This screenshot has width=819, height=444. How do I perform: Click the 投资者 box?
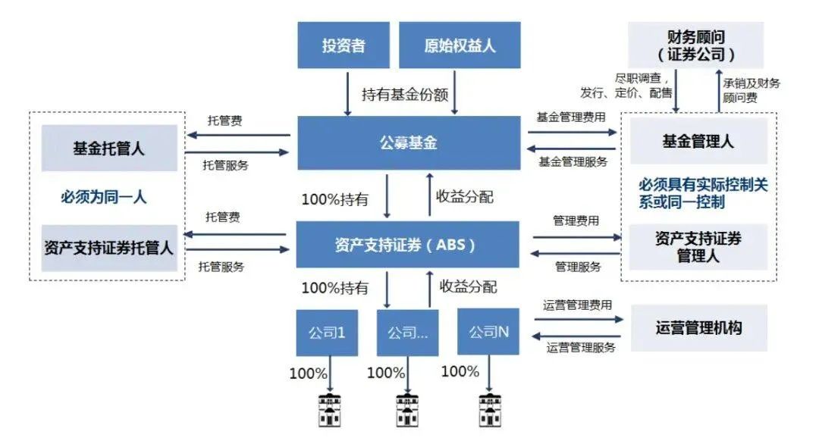343,45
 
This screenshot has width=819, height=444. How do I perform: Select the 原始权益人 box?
460,45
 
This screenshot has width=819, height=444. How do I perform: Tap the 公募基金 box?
408,142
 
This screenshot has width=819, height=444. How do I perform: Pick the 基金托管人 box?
108,148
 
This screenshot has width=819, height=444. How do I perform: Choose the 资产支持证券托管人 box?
108,248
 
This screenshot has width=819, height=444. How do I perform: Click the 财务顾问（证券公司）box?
696,45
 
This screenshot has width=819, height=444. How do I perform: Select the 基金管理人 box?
698,142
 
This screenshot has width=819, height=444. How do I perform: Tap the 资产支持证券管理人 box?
698,247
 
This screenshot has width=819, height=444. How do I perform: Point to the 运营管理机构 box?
698,328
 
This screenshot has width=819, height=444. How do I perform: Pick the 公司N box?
488,332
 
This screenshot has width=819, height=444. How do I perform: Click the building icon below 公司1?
328,410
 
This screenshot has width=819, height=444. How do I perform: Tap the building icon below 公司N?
490,410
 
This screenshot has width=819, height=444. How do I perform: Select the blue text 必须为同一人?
104,198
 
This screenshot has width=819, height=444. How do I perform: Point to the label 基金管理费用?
572,117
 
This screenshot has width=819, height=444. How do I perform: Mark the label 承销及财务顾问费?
751,90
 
